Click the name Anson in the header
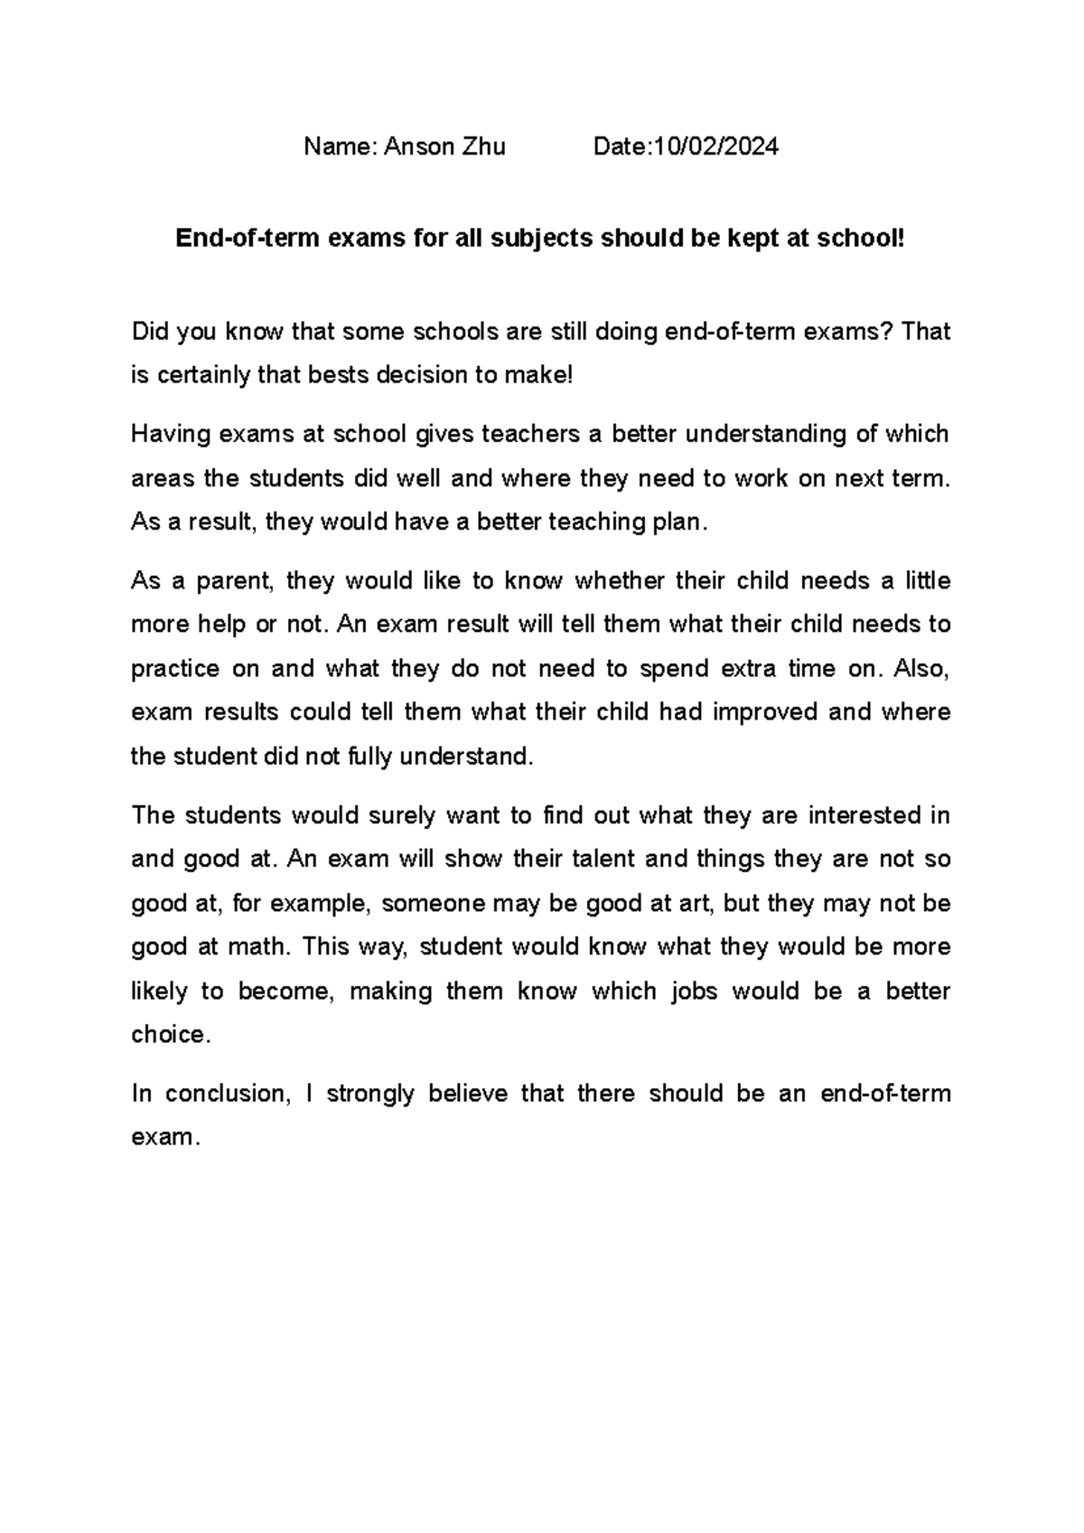tap(420, 146)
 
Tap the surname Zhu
tap(484, 146)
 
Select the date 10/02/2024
tap(716, 146)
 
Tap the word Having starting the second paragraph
tap(170, 435)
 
